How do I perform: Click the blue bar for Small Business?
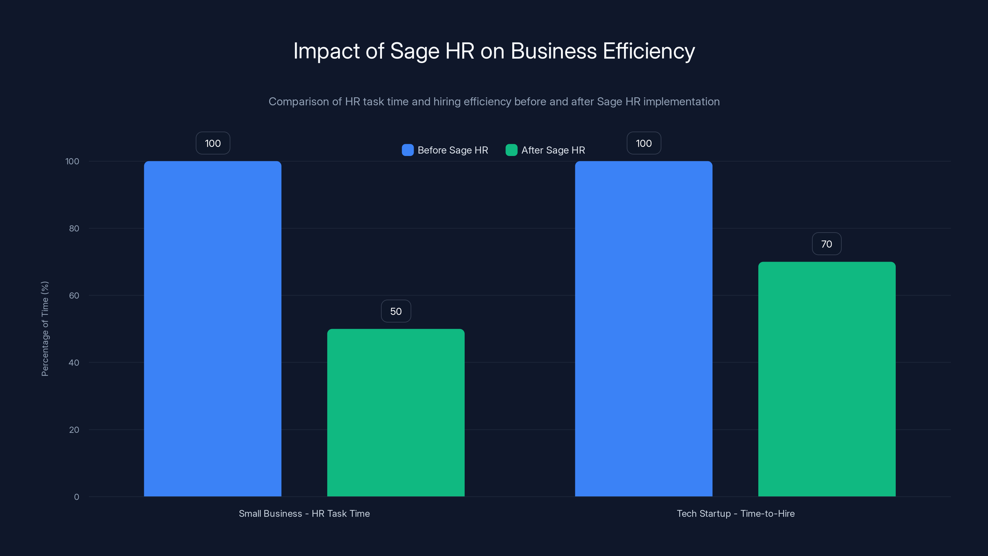pos(212,328)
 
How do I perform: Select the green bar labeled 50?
pos(396,412)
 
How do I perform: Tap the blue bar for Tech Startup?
pos(643,328)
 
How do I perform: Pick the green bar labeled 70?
pos(827,379)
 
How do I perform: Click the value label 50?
pos(396,311)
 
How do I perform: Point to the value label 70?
pos(827,244)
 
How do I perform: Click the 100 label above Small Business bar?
pos(213,143)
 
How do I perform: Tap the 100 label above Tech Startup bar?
pos(643,143)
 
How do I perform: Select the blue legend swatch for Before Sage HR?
pos(407,150)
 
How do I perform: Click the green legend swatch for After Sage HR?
pos(511,150)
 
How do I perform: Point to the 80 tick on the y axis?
pos(74,228)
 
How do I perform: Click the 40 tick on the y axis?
pos(74,363)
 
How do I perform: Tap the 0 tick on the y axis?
pos(76,497)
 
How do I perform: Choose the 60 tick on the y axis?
pos(74,296)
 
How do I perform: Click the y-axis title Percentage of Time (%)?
pos(45,329)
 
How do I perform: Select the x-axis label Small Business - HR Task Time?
pos(304,513)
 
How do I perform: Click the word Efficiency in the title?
pos(649,51)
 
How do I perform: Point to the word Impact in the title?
pos(326,51)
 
